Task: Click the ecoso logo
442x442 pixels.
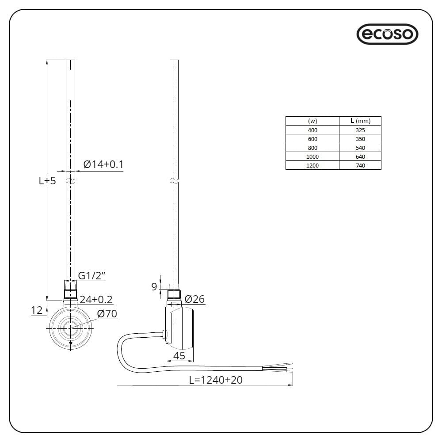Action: pyautogui.click(x=387, y=34)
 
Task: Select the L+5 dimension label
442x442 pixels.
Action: pyautogui.click(x=47, y=180)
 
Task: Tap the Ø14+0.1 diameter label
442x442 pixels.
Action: pyautogui.click(x=103, y=165)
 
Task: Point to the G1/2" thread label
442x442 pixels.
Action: pyautogui.click(x=92, y=276)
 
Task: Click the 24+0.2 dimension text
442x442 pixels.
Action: pyautogui.click(x=96, y=299)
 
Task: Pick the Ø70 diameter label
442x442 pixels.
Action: pyautogui.click(x=107, y=314)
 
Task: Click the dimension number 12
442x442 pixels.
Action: pyautogui.click(x=37, y=311)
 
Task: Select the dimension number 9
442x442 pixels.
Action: pyautogui.click(x=154, y=287)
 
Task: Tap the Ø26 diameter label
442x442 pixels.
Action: pyautogui.click(x=194, y=299)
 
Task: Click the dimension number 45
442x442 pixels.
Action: pyautogui.click(x=179, y=355)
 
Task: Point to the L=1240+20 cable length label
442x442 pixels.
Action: pyautogui.click(x=215, y=380)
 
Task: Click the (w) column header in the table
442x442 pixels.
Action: pyautogui.click(x=312, y=121)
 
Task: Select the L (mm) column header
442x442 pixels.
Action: pyautogui.click(x=360, y=121)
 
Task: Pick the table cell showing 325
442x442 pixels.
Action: pyautogui.click(x=360, y=130)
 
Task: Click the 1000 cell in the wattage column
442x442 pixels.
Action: pyautogui.click(x=312, y=156)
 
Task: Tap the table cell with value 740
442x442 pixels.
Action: pyautogui.click(x=360, y=165)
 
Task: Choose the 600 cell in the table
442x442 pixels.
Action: pyautogui.click(x=312, y=139)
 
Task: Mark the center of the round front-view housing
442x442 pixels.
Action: pyautogui.click(x=70, y=328)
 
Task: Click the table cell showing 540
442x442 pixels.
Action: pyautogui.click(x=360, y=148)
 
